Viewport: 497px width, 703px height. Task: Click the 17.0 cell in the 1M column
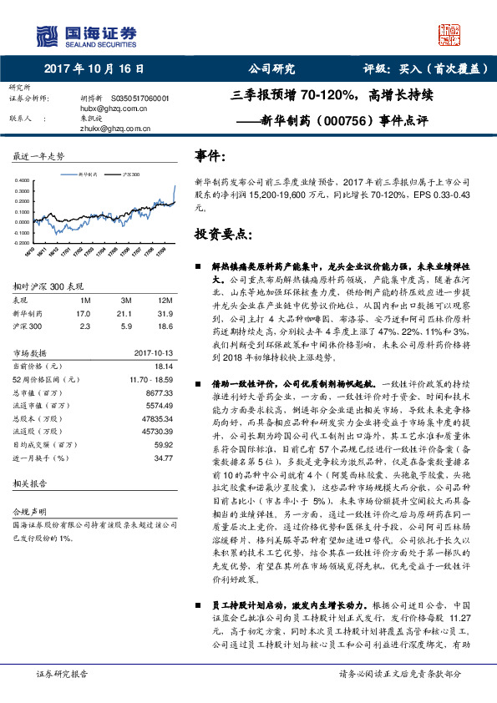[83, 312]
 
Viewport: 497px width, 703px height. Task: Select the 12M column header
[165, 300]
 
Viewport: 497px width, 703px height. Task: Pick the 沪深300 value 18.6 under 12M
[165, 325]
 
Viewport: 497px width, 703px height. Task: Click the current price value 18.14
[164, 366]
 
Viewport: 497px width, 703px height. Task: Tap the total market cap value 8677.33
[159, 391]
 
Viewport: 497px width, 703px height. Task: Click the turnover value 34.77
[164, 458]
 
